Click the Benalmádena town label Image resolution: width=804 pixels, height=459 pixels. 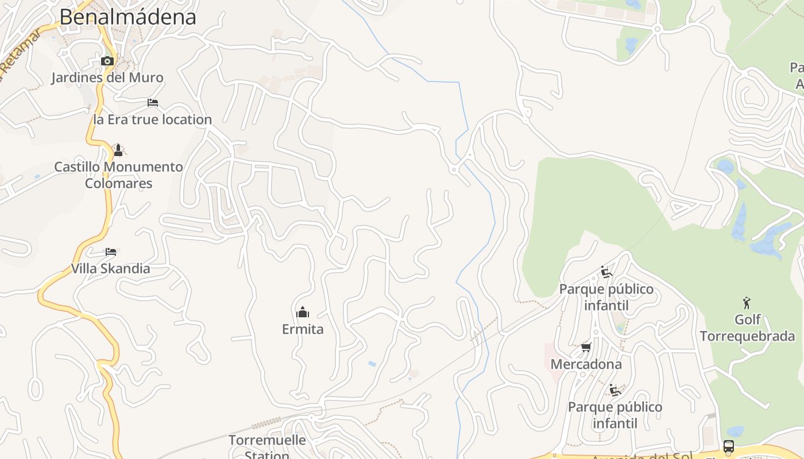pos(127,17)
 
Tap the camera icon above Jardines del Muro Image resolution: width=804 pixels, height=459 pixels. pos(107,61)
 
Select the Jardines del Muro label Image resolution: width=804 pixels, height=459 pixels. pos(107,77)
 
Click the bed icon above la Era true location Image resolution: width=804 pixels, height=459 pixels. pos(153,103)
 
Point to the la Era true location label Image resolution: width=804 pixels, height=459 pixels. pos(153,119)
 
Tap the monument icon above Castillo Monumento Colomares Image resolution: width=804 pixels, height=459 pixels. pos(118,150)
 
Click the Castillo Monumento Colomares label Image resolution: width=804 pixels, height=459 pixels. pos(118,175)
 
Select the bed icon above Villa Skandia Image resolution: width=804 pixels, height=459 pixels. pos(111,252)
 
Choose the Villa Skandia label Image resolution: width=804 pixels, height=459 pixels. pos(111,269)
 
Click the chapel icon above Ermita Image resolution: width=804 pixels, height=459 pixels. pos(303,312)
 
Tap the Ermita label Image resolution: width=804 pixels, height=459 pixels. pos(303,329)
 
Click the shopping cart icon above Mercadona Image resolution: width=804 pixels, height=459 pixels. pos(586,347)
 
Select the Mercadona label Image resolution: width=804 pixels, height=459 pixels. pos(586,364)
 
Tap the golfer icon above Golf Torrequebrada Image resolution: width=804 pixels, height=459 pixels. pos(747,302)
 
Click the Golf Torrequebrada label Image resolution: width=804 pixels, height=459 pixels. pos(747,328)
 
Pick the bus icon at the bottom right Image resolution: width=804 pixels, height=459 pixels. pos(728,446)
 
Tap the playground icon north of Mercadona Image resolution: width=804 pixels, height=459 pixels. pos(606,272)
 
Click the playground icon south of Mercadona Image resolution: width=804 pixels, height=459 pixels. pos(615,390)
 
